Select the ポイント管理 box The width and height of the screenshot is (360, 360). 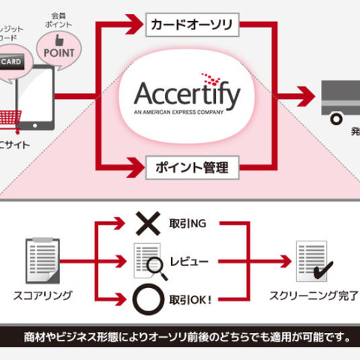coord(191,166)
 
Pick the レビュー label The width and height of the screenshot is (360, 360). coord(192,262)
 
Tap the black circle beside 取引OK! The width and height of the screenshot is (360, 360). coord(147,300)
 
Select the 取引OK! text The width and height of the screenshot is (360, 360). coord(192,300)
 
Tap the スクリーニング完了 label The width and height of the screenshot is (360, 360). coord(313,295)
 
